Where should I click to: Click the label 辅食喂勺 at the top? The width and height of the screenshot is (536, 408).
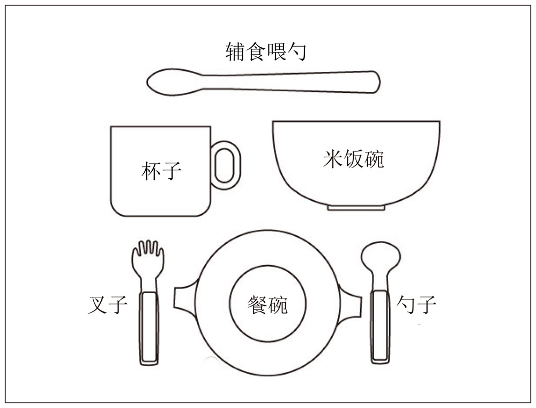[266, 52]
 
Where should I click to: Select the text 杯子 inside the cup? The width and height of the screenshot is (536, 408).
[161, 171]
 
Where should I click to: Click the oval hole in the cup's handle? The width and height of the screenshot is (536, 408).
[225, 165]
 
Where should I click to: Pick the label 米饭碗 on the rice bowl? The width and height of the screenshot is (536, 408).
[353, 159]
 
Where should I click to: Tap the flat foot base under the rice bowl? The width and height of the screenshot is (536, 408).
[356, 208]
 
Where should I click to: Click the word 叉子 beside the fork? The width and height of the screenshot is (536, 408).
[108, 304]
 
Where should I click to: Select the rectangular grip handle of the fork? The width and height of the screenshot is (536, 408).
[149, 328]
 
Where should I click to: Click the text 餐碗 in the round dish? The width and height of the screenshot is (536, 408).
[267, 304]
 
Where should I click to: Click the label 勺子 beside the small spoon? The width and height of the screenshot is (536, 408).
[416, 304]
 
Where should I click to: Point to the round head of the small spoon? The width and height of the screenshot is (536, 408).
[381, 257]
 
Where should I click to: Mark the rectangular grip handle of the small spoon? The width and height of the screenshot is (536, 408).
[380, 326]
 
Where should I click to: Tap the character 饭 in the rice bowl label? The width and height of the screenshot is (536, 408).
[353, 159]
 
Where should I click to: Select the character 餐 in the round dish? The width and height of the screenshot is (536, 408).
[257, 304]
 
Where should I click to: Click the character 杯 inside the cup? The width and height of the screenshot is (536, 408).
[151, 171]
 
